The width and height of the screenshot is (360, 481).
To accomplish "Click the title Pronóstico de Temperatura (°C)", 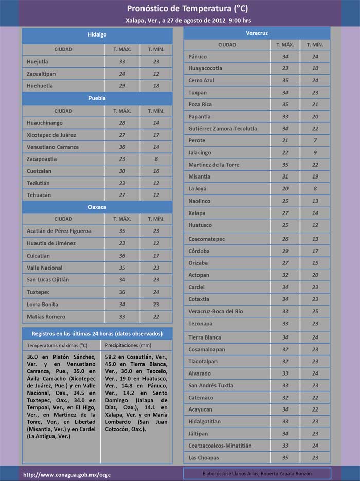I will click(x=179, y=9).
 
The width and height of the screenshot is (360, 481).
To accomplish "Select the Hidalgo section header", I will click(x=97, y=34).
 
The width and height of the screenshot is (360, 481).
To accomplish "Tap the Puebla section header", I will click(x=97, y=98).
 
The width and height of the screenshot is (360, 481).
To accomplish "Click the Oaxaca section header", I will click(x=97, y=207).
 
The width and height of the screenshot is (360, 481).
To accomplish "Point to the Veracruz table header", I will click(x=257, y=33).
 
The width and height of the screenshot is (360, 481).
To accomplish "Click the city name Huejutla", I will click(x=38, y=62).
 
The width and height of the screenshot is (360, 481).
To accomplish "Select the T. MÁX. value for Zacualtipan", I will click(x=122, y=74).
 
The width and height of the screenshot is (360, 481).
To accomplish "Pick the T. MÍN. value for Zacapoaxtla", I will click(x=156, y=159).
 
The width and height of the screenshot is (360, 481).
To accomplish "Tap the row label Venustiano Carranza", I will click(x=52, y=147).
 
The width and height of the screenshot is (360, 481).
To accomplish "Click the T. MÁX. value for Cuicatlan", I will click(x=122, y=255).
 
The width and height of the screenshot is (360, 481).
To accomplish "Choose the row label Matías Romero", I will click(x=46, y=316).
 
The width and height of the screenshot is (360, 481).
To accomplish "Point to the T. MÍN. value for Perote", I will click(x=315, y=140).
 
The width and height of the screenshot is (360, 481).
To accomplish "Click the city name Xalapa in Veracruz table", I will click(x=197, y=213).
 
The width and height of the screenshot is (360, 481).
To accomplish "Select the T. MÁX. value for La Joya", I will click(x=285, y=189).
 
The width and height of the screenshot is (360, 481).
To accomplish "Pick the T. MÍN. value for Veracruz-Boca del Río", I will click(x=315, y=311).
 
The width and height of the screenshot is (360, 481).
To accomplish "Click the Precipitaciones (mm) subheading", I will click(x=128, y=345).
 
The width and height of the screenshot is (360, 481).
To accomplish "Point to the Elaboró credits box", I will click(x=257, y=473).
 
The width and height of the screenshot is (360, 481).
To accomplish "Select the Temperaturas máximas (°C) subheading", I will click(x=57, y=345).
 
